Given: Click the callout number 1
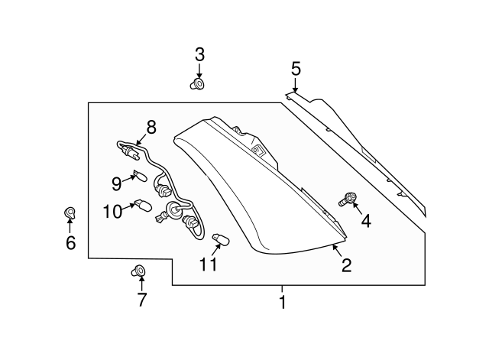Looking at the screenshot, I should pos(282,302).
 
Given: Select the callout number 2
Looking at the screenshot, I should pos(346,265).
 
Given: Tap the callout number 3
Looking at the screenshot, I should pos(199,54).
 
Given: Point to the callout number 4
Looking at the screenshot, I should pos(365,222).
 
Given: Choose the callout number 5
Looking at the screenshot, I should pos(296,69).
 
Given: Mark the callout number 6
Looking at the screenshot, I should pos(70,243).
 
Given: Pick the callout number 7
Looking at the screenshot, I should pos(141,299).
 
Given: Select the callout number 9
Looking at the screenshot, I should pos(116,183).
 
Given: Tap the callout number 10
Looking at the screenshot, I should pos(112,211).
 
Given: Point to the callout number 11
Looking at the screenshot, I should pos(209,264).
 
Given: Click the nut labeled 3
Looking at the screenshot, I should pos(197,83).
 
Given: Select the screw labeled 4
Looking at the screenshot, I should pos(347,200).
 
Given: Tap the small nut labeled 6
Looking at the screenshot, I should pos(69,212).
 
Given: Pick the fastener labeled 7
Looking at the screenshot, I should pos(139,270).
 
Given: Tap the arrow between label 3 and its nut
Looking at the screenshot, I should pos(199,70).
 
